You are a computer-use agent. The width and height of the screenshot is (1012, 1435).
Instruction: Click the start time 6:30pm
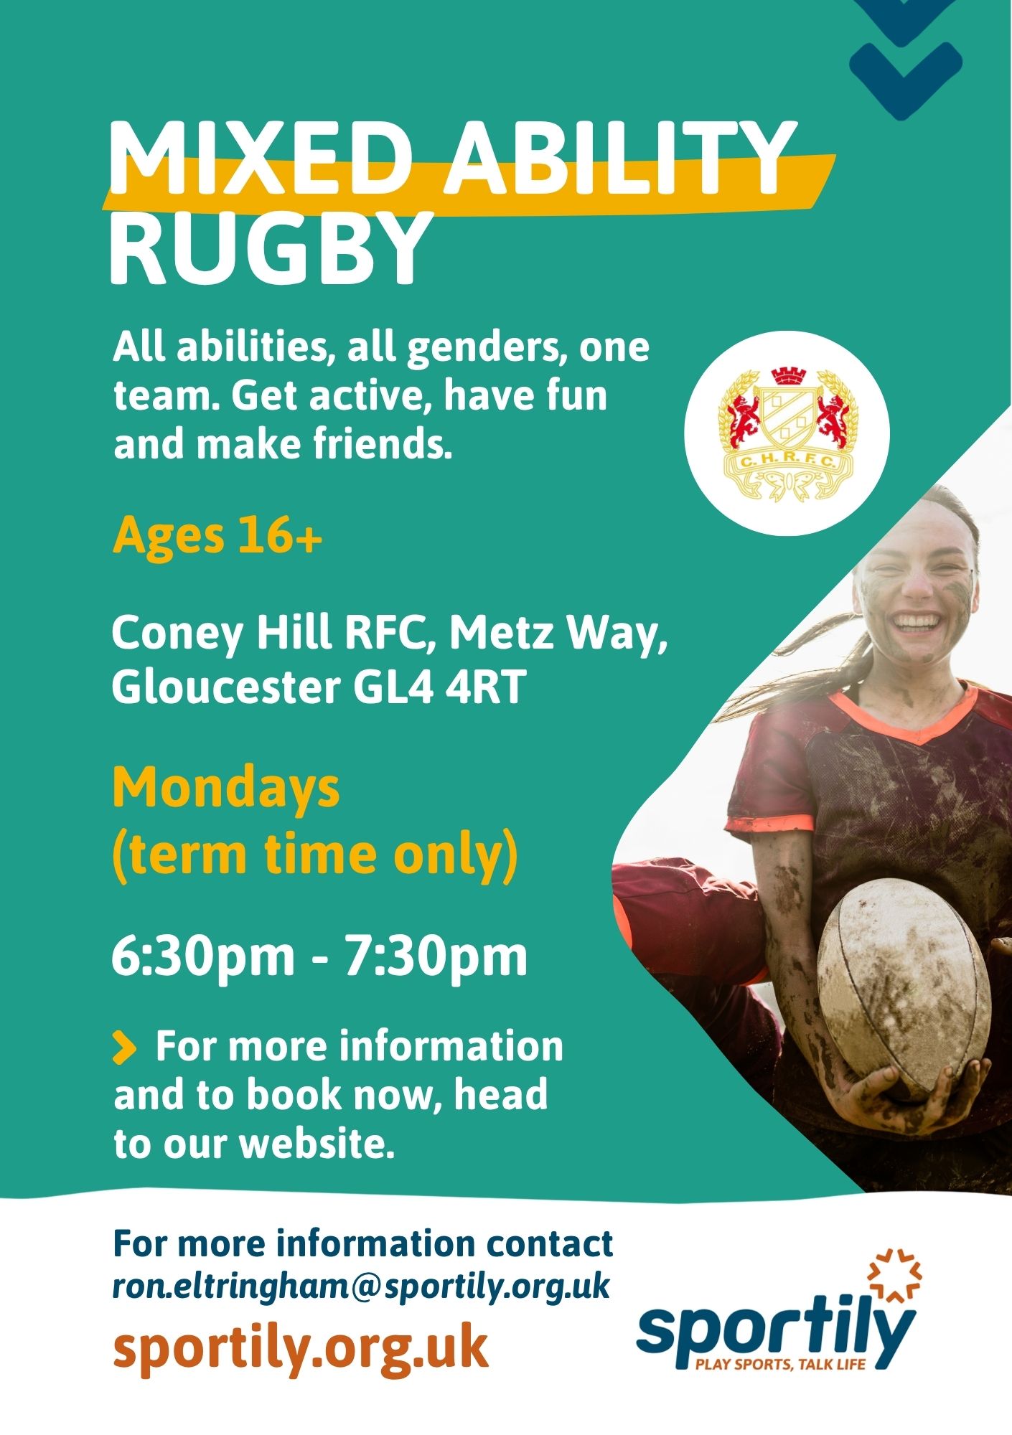point(203,956)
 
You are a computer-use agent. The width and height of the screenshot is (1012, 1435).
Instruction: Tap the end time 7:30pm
point(436,956)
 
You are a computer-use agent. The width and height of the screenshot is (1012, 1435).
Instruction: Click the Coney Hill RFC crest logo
point(787,433)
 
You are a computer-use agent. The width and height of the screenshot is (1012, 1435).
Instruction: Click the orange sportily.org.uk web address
point(301,1347)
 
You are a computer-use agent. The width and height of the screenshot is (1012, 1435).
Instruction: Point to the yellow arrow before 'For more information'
point(124,1048)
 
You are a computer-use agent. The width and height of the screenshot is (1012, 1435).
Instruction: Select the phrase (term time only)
point(315,855)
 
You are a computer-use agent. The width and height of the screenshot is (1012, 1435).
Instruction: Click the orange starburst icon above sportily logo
point(894,1276)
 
